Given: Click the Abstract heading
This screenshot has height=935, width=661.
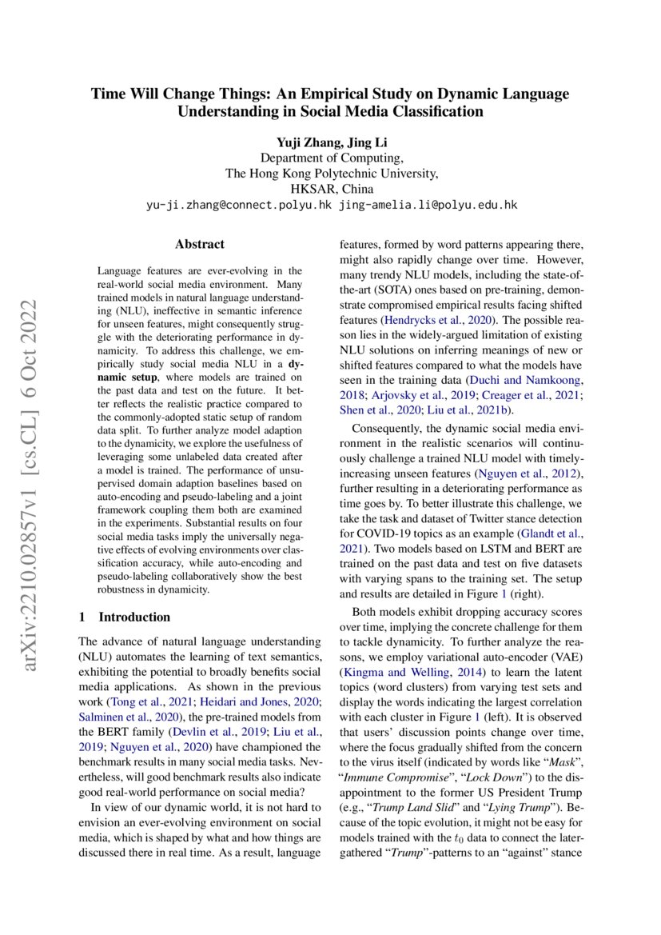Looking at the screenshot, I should tap(200, 244).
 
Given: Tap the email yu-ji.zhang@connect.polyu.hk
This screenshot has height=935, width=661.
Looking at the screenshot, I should tap(239, 205).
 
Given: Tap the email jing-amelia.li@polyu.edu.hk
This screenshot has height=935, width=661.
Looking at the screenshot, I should tap(428, 205).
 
